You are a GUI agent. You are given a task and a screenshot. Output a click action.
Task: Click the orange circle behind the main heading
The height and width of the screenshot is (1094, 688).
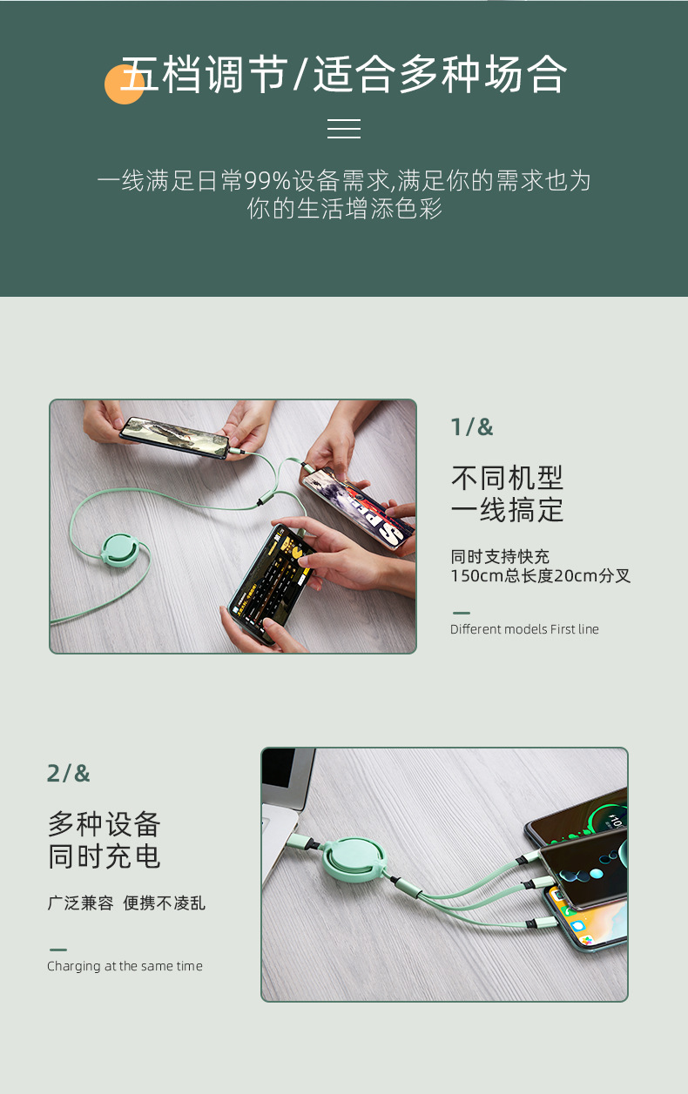pos(123,85)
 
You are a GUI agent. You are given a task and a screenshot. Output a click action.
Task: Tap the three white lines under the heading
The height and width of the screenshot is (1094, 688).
pos(344,129)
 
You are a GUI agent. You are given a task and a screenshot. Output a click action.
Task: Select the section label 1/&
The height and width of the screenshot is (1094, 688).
pos(471,427)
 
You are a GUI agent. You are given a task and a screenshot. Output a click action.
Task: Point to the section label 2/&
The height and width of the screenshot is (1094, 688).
pos(68,773)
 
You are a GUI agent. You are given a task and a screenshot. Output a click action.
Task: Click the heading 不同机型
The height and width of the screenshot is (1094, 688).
pos(507,477)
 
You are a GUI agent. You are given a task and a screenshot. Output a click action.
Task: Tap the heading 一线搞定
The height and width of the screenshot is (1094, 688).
pos(507,510)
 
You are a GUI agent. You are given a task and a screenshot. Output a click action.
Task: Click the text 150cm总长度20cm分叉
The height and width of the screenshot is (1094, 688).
pos(540,576)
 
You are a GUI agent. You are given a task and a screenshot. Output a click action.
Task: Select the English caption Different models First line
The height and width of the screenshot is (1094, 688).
pos(524,629)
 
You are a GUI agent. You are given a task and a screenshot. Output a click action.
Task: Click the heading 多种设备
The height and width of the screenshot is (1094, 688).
pos(105,823)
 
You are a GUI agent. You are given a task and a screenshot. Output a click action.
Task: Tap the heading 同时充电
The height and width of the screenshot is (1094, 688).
pos(105,856)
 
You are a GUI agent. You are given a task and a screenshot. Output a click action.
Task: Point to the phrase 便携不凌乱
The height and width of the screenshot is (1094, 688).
pos(165,903)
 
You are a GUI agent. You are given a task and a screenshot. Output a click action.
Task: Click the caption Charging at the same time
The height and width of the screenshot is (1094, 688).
pos(125,966)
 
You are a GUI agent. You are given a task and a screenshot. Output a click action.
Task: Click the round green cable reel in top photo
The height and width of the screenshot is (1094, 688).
pos(119,547)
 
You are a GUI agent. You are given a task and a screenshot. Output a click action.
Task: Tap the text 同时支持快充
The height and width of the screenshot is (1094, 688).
pos(500,557)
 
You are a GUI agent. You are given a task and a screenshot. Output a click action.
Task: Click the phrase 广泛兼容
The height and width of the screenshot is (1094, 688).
pos(80,903)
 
